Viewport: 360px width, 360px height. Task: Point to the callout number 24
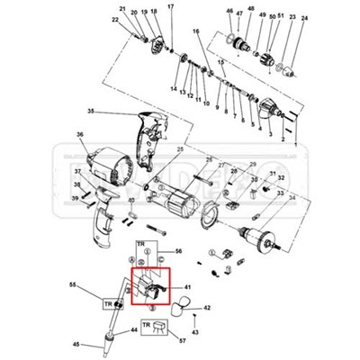[x=303, y=18]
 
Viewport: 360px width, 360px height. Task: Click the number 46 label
[x=229, y=11]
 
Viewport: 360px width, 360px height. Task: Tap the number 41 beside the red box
[x=189, y=288]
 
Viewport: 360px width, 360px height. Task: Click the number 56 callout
[x=178, y=251]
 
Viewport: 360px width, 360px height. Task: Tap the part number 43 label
[x=195, y=332]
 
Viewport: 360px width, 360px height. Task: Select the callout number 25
[x=180, y=149]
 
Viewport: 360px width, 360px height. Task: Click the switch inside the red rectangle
[x=151, y=286]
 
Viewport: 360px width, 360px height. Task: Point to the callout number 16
[x=195, y=31]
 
